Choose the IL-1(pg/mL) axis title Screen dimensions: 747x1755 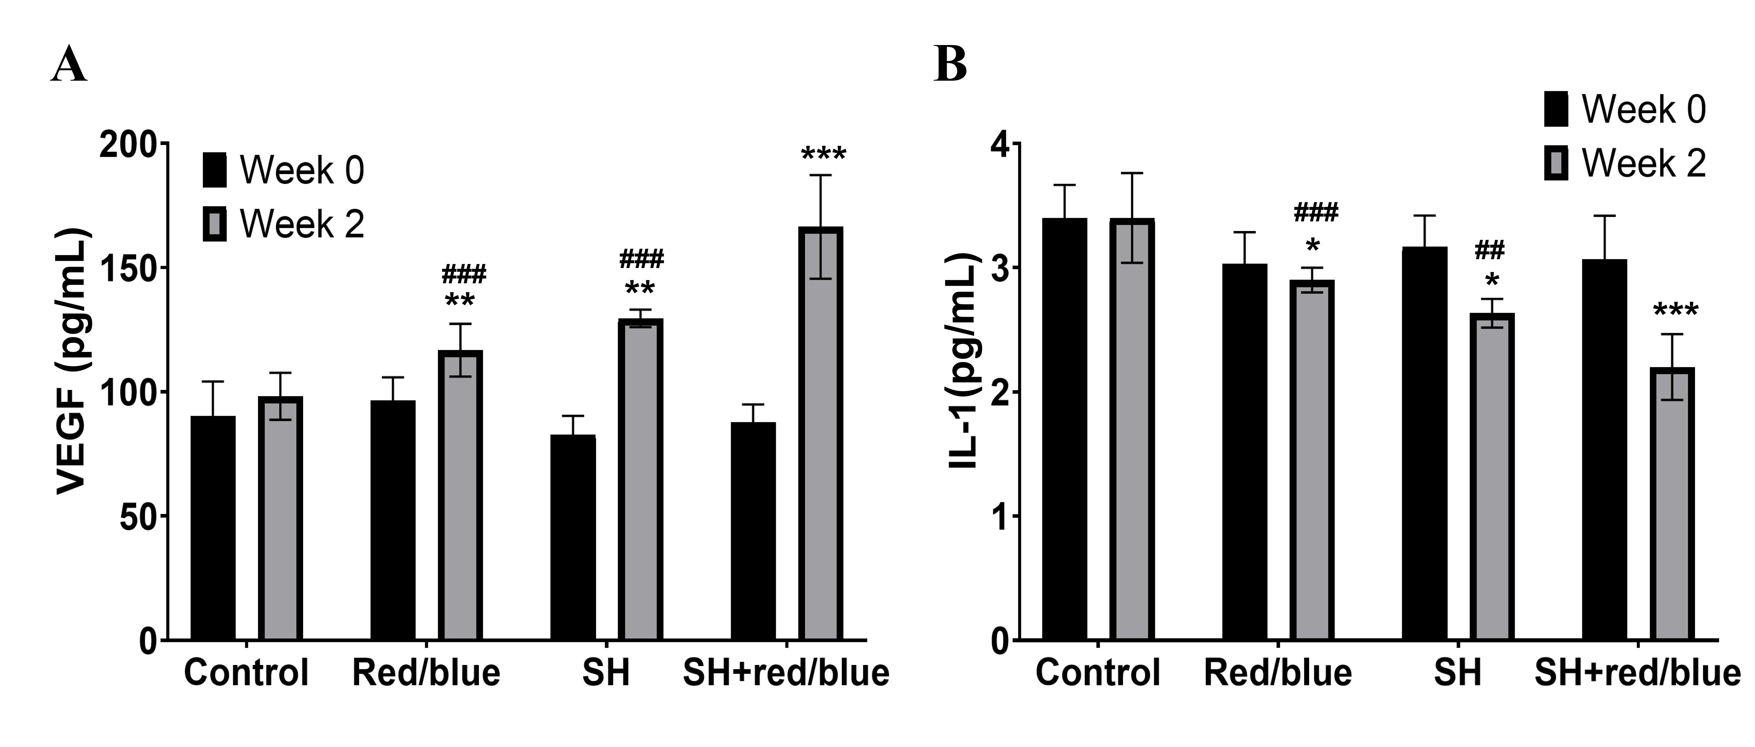pos(963,361)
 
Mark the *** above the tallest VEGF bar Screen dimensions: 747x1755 pos(823,154)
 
